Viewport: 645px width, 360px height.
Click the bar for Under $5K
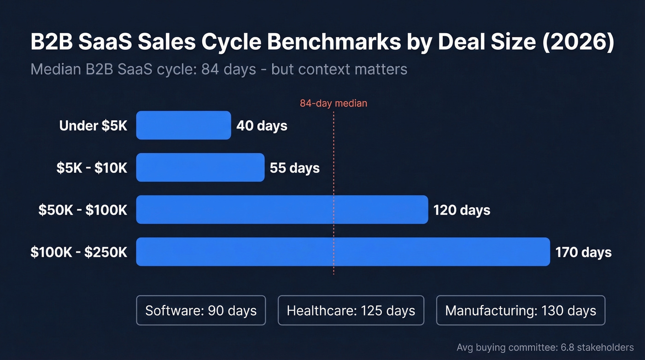[183, 125]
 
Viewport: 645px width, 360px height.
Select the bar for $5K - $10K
[200, 167]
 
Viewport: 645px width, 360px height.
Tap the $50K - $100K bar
[282, 210]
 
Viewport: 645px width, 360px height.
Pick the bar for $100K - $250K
[343, 252]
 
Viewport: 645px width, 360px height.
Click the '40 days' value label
[262, 126]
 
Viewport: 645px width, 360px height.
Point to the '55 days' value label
[295, 168]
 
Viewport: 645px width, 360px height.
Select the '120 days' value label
[462, 210]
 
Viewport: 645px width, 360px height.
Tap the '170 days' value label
[583, 252]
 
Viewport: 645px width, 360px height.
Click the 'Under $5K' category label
[93, 126]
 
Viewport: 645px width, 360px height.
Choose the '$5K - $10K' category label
[92, 168]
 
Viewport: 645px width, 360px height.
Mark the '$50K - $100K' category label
[83, 210]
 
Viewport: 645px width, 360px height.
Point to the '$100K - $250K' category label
[79, 252]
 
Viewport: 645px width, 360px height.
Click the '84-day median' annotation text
[334, 103]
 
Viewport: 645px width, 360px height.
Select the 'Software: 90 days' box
[201, 310]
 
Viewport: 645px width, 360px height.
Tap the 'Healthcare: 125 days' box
[351, 310]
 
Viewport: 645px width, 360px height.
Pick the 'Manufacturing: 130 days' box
[521, 310]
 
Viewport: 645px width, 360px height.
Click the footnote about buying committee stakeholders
[545, 347]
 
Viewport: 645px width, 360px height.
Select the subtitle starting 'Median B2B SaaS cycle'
[219, 69]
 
